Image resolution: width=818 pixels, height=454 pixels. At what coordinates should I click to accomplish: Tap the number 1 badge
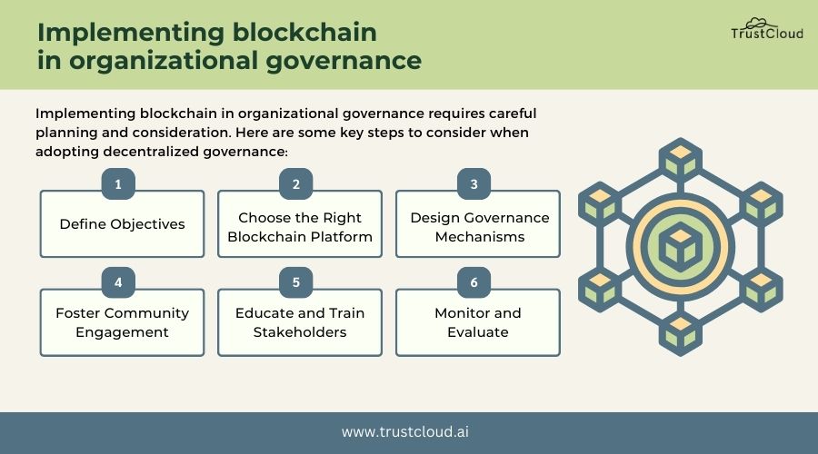point(118,184)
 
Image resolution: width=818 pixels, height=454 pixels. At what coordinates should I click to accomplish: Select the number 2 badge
point(296,184)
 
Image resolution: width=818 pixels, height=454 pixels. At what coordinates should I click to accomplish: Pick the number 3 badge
point(474,184)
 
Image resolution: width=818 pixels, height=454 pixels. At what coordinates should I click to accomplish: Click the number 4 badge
point(118,282)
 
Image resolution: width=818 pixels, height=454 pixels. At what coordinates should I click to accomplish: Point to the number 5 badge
point(296,282)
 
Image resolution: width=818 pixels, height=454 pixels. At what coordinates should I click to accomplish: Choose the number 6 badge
point(474,282)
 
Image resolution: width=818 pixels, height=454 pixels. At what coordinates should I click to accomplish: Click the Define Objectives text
point(122,223)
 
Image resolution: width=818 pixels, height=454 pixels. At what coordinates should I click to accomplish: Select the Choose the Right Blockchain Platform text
point(300,227)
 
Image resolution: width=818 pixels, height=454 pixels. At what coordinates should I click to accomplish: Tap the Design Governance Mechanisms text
point(479,227)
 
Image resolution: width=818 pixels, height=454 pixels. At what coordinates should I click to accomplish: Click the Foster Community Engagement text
point(122,322)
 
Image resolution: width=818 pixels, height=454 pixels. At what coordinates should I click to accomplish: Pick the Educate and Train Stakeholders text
point(300,322)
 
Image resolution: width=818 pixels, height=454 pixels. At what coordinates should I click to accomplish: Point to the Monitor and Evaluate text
point(478,322)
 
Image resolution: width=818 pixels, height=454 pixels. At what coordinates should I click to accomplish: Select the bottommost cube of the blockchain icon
point(679,334)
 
